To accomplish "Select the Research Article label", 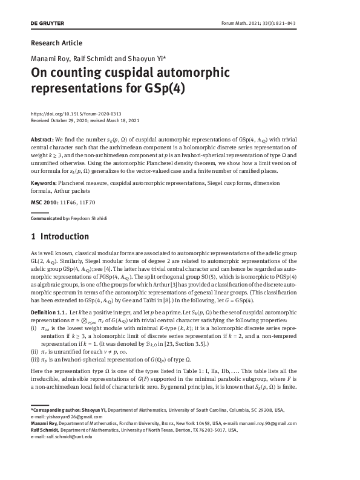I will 56,43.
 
